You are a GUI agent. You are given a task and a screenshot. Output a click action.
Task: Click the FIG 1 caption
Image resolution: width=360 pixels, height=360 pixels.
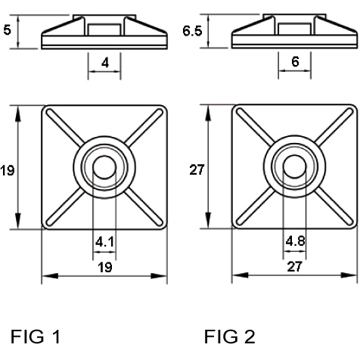point(36,337)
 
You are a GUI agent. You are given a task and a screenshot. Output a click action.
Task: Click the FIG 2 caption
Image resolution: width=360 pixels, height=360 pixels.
point(230,337)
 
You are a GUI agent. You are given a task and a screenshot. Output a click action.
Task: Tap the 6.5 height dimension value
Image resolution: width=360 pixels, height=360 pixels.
point(192,31)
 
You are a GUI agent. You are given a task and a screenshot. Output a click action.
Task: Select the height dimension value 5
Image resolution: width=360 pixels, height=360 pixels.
point(8,30)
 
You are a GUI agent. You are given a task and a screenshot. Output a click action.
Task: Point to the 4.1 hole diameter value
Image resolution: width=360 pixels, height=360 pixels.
point(104,242)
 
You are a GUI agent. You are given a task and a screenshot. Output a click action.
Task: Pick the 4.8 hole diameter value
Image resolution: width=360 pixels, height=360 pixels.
point(295,241)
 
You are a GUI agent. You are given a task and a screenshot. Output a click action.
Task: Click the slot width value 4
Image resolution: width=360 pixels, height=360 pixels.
point(105,63)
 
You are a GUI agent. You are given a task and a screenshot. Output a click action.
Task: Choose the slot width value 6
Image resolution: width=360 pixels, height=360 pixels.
point(295,62)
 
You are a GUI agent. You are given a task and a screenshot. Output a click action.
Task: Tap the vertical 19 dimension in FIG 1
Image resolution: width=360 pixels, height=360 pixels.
point(8,170)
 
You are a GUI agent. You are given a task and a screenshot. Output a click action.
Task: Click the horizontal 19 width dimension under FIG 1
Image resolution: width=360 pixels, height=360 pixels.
point(105,268)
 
